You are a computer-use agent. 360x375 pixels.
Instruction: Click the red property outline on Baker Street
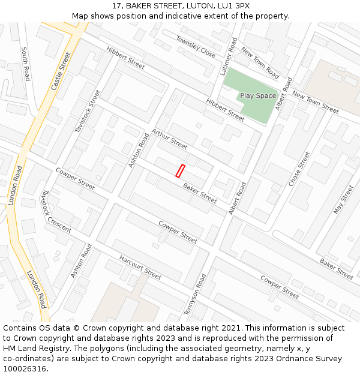click(x=180, y=170)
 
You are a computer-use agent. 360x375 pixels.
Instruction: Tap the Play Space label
click(x=258, y=96)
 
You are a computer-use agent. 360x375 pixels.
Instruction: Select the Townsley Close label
click(x=196, y=46)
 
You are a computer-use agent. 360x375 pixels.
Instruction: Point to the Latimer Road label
click(x=229, y=56)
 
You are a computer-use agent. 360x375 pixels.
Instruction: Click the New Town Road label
click(x=260, y=64)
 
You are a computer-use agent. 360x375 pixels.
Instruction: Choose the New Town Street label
click(x=316, y=102)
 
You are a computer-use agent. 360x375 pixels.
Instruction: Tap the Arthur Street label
click(x=169, y=139)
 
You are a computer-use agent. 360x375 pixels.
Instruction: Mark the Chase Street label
click(x=299, y=169)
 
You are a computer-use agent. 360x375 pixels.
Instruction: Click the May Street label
click(x=344, y=199)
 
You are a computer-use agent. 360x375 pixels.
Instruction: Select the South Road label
click(x=25, y=64)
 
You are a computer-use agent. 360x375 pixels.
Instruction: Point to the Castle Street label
click(x=61, y=71)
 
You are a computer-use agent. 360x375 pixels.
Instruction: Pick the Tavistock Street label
click(x=88, y=111)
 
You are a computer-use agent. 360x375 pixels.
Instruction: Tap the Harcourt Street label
click(x=140, y=268)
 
